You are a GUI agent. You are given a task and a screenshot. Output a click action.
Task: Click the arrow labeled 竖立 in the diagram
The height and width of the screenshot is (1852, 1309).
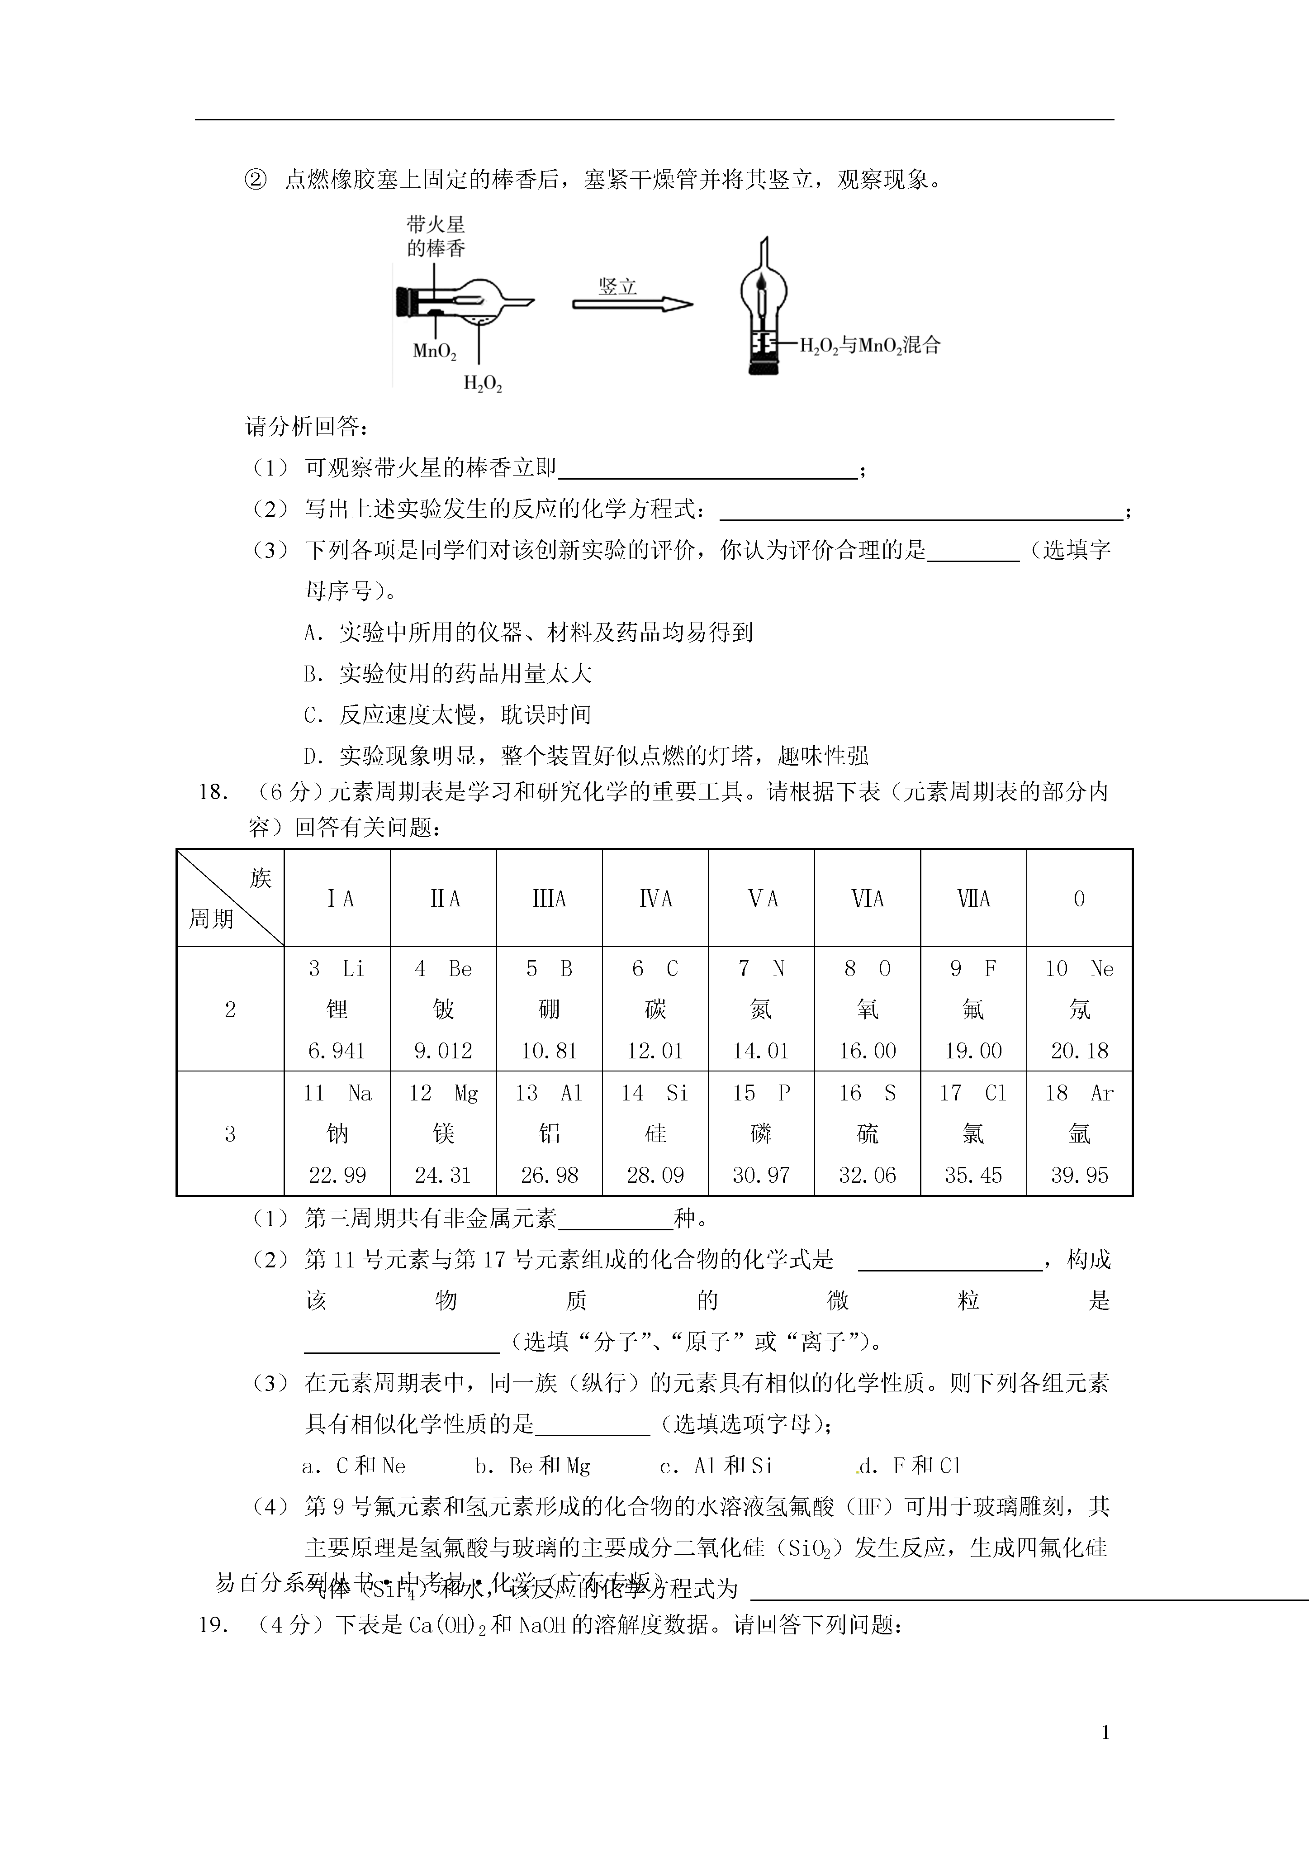tap(632, 304)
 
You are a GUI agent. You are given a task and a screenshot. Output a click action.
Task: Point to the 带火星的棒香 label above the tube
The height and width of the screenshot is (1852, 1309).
tap(436, 236)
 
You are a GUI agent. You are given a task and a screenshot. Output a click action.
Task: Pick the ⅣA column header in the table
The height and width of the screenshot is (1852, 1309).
tap(655, 899)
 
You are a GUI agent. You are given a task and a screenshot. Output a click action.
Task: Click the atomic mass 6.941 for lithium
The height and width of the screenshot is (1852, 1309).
tap(337, 1051)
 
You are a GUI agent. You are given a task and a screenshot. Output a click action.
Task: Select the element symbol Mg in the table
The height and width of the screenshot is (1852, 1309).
tap(466, 1093)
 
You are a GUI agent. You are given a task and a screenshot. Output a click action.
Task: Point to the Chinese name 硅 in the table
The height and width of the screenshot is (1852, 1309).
tap(655, 1133)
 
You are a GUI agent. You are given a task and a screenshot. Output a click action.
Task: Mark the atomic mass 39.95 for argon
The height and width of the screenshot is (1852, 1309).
tap(1079, 1175)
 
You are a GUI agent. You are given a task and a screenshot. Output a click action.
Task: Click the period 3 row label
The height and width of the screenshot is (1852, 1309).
tap(230, 1134)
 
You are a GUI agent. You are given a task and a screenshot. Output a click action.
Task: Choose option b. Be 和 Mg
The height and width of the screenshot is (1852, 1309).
tap(532, 1466)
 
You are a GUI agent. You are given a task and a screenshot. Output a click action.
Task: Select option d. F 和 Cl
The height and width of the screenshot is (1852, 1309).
tap(910, 1466)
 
